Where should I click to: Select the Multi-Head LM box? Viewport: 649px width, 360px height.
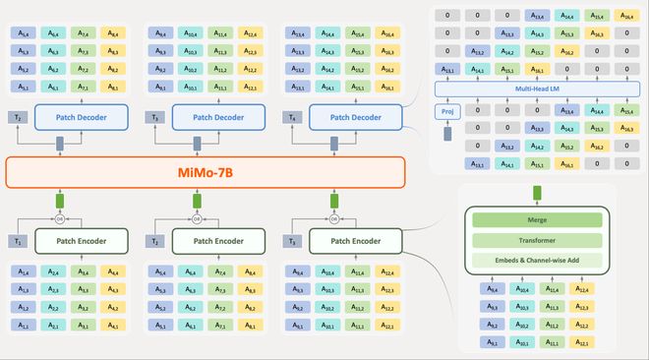tap(537, 90)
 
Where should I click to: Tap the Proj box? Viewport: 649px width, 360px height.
tap(447, 111)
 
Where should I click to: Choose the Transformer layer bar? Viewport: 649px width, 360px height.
tap(536, 241)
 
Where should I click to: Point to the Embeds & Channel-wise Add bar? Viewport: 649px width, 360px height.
tap(536, 260)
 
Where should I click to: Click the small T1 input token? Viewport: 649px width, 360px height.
tap(18, 241)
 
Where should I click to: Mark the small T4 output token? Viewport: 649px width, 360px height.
tap(293, 118)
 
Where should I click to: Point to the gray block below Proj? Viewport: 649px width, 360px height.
tap(447, 133)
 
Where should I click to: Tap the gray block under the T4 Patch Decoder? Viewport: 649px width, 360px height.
tap(334, 144)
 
